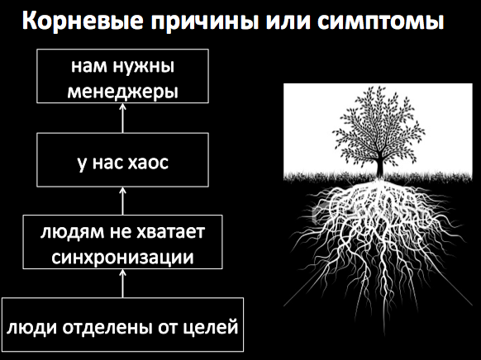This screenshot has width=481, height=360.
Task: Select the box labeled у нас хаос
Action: point(122,162)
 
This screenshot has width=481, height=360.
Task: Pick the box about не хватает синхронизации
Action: point(122,242)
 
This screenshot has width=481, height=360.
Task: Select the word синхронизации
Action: point(122,254)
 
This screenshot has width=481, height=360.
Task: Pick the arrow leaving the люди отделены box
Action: point(122,283)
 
